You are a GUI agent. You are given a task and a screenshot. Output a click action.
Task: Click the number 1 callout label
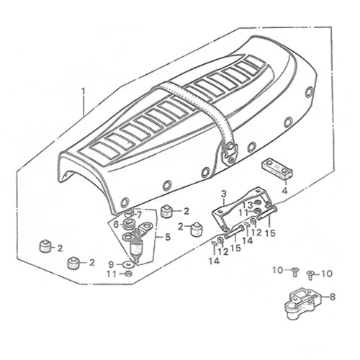point(84,91)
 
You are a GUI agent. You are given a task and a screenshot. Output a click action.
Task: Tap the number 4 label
point(284,191)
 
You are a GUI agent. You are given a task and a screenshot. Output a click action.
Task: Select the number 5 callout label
point(168,237)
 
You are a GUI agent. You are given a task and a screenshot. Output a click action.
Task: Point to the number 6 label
point(116,225)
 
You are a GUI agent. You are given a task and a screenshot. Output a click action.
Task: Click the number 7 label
point(139,215)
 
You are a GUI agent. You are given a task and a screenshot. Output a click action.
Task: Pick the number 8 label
point(333,297)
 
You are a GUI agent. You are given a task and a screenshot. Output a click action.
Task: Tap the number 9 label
point(111,264)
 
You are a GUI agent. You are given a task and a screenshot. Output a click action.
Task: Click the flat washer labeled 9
point(127,264)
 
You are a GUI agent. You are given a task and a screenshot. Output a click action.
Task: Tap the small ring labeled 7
point(130,213)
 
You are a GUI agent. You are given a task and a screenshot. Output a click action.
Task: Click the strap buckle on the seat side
point(229,154)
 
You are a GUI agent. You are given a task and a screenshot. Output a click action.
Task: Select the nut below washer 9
point(128,274)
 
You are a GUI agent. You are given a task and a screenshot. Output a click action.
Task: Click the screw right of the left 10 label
point(294,272)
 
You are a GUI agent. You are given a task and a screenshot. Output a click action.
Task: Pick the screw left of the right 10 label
point(310,275)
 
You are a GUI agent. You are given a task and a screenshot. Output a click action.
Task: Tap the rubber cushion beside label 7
point(166,211)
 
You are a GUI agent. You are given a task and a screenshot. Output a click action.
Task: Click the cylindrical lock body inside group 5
point(136,247)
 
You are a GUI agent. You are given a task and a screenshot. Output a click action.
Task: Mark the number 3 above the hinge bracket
point(224,194)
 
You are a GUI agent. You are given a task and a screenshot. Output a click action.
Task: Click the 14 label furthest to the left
point(214,261)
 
